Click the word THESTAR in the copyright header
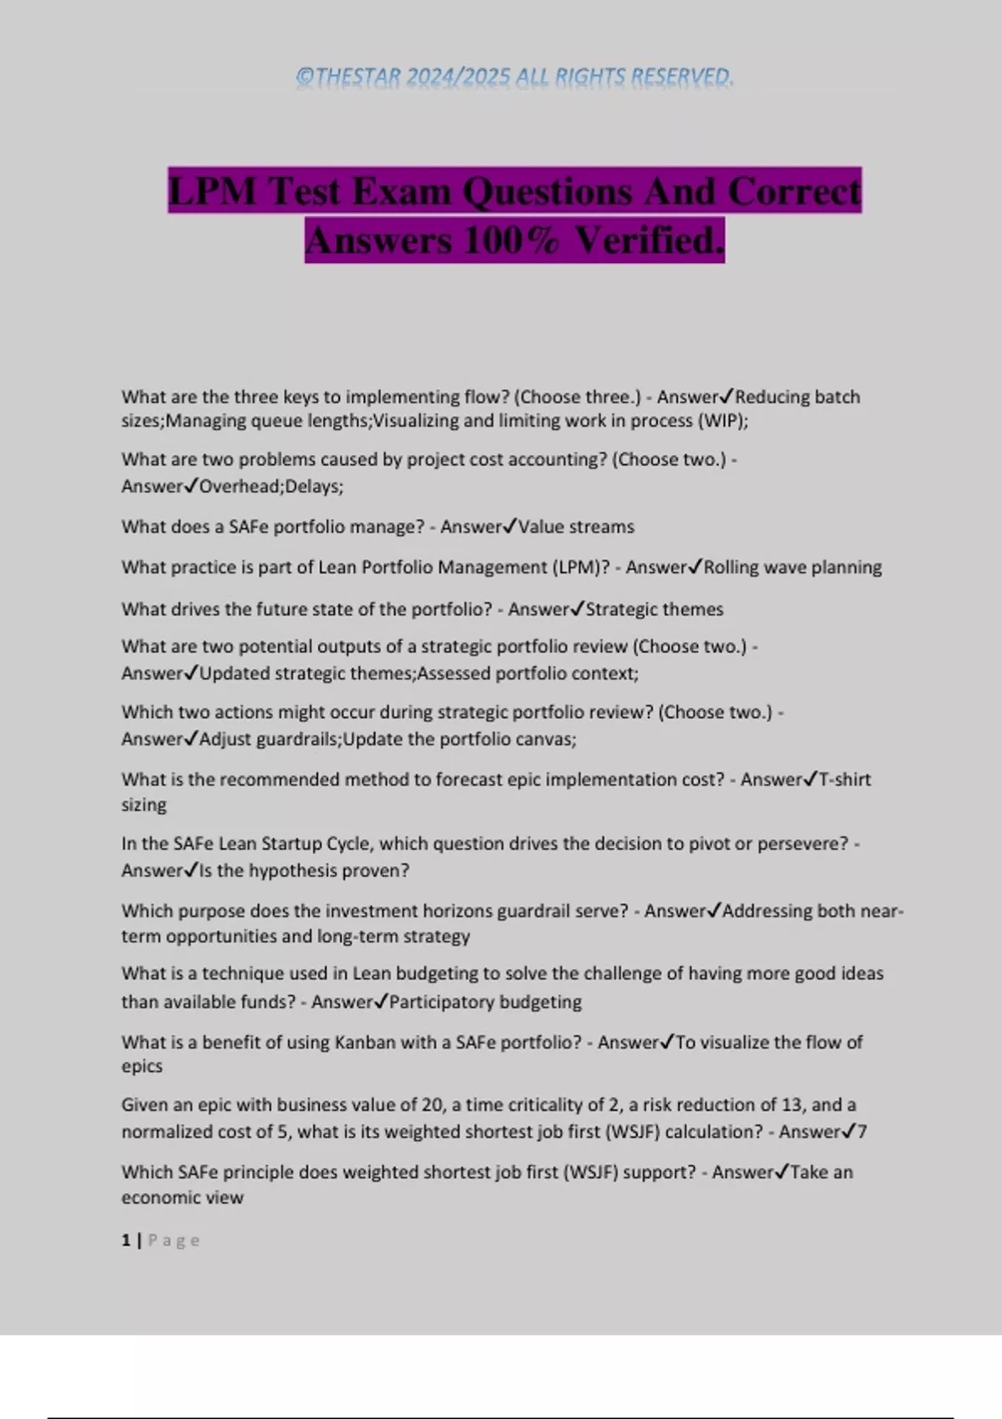359,77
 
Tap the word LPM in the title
212,191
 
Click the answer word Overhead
240,487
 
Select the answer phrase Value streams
576,528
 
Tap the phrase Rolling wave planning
792,568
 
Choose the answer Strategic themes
655,609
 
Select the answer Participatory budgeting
485,1002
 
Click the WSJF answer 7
862,1132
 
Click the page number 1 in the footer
126,1240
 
